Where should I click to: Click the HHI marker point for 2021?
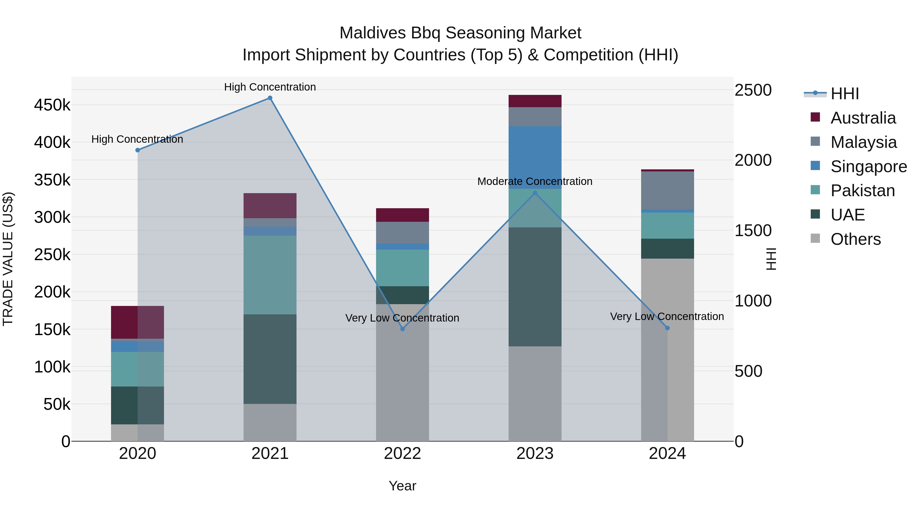270,98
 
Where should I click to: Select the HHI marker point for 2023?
535,193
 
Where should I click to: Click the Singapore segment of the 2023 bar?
535,157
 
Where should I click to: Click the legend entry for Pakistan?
862,191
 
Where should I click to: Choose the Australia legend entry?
863,118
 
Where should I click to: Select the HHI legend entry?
845,94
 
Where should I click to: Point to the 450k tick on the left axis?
52,105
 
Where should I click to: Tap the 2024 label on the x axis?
667,454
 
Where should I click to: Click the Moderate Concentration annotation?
535,182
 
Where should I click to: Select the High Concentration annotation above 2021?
270,87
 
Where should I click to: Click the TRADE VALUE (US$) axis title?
8,259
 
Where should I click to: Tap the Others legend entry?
855,239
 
